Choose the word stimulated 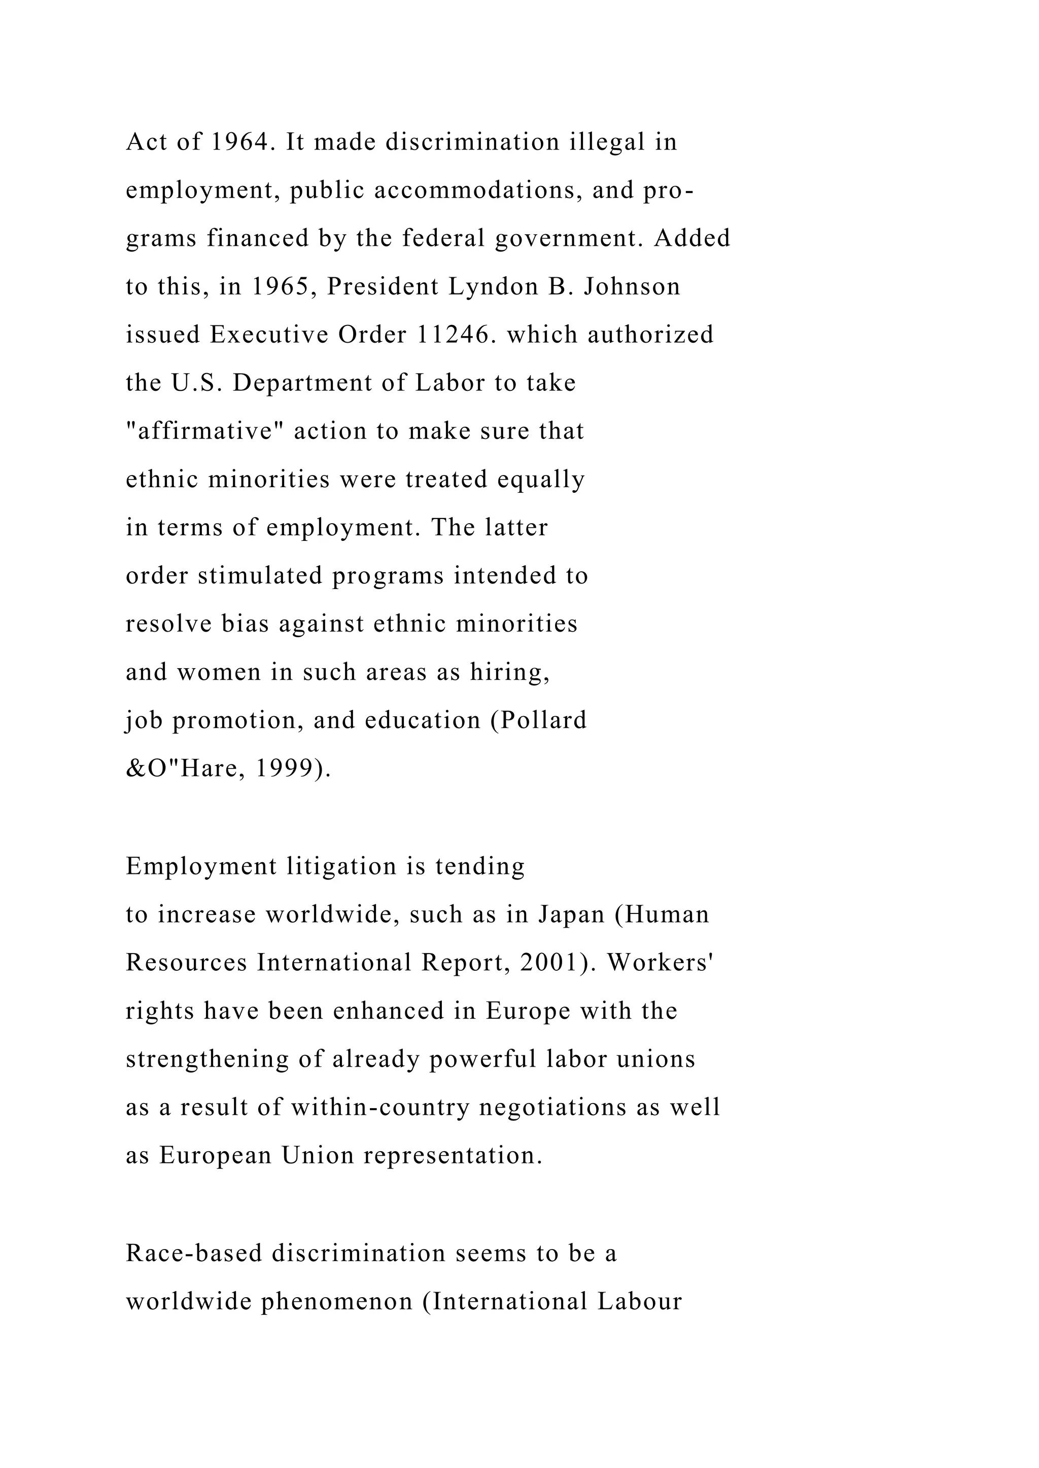click(260, 576)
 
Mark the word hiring click(509, 673)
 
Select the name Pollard click(543, 721)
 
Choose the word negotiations click(552, 1108)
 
